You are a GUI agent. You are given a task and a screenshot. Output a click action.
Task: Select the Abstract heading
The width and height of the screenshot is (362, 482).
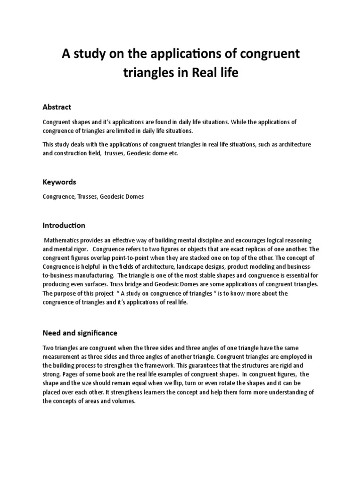point(57,107)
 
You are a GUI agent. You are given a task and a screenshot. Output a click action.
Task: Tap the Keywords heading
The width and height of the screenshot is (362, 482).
point(59,182)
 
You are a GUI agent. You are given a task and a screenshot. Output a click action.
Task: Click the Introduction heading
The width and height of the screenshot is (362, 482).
point(64,225)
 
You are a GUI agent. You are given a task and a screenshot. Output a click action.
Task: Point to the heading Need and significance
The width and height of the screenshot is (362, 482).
point(80,333)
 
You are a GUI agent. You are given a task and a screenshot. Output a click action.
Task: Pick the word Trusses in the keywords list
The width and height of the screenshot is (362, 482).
point(85,197)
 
